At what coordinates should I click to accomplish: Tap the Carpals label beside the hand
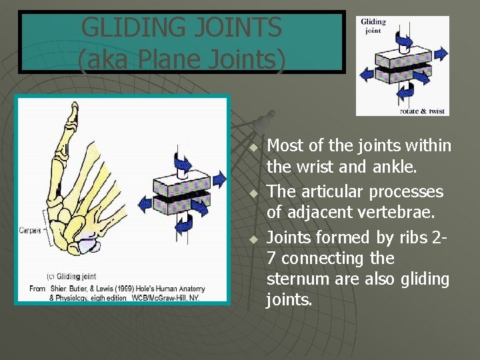pyautogui.click(x=29, y=229)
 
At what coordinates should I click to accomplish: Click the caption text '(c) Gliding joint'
pyautogui.click(x=71, y=277)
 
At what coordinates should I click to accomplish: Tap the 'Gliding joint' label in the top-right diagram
pyautogui.click(x=373, y=26)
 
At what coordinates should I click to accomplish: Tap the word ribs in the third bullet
pyautogui.click(x=405, y=237)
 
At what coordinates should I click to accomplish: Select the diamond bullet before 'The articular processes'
pyautogui.click(x=253, y=193)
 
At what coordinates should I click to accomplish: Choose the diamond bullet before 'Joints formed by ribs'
pyautogui.click(x=253, y=239)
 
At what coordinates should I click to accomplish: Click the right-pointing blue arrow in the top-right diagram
pyautogui.click(x=441, y=53)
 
